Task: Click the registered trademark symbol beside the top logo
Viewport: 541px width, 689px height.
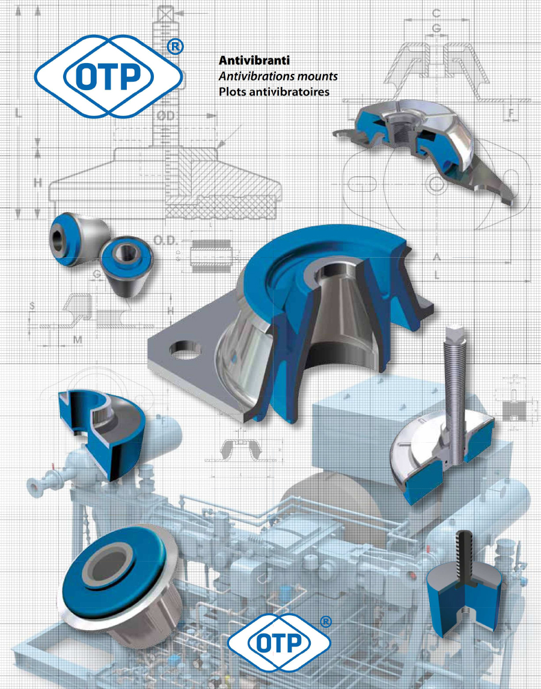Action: coord(175,48)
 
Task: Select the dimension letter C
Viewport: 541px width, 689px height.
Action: coord(437,13)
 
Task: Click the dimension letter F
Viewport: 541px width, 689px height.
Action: coord(511,112)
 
